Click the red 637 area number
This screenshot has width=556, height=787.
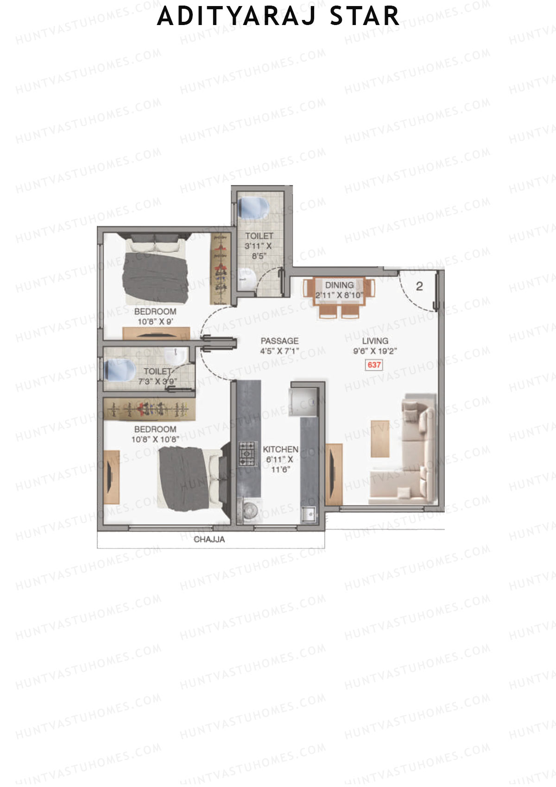click(x=374, y=365)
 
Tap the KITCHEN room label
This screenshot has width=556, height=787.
click(x=280, y=449)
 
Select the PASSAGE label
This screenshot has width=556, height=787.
click(x=279, y=341)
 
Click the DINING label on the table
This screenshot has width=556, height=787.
click(x=339, y=285)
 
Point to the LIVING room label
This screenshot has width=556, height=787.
click(x=375, y=341)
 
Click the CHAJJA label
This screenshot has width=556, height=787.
click(x=209, y=539)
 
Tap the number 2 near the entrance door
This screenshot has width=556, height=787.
click(x=419, y=287)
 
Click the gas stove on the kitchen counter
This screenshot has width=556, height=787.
click(x=247, y=454)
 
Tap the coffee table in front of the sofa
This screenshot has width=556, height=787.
click(x=380, y=439)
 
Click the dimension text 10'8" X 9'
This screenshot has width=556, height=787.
click(x=155, y=321)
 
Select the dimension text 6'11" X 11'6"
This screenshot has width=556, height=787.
click(x=279, y=464)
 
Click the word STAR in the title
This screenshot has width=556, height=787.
click(x=364, y=16)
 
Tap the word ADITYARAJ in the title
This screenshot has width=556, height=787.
click(x=237, y=16)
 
